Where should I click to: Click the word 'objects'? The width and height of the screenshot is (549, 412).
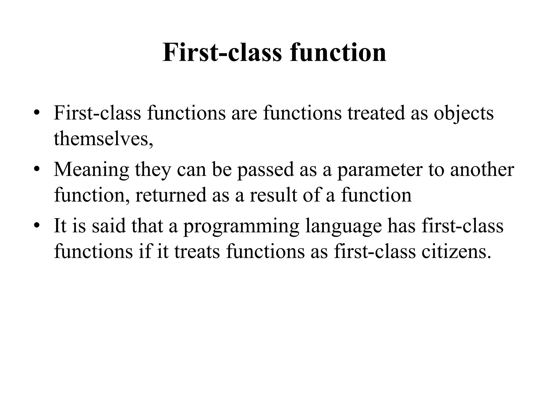pos(463,113)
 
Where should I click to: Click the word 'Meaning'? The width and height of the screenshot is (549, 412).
pos(91,170)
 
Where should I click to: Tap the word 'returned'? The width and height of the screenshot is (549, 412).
pos(171,195)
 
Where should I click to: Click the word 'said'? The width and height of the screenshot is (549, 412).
pos(109,226)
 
